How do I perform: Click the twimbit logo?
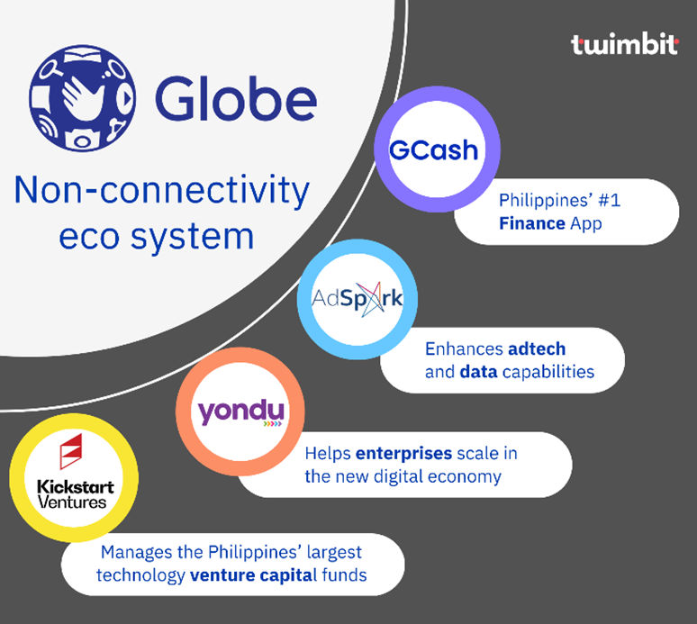click(x=625, y=44)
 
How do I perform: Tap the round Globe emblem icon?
click(x=82, y=98)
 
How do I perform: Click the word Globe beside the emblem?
click(x=236, y=98)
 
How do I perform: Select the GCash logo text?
click(x=433, y=149)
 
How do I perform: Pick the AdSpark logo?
click(x=358, y=299)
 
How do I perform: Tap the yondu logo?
click(x=240, y=412)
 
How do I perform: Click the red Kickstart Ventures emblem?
click(x=71, y=451)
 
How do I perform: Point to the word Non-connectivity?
click(x=162, y=191)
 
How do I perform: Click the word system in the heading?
click(x=192, y=238)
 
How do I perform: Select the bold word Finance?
click(x=531, y=223)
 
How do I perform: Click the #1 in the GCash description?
click(x=609, y=201)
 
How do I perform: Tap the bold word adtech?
click(x=537, y=348)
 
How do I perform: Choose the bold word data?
click(x=478, y=372)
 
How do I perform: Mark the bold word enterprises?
click(x=404, y=453)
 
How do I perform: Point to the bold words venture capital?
click(x=253, y=575)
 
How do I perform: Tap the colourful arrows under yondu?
click(x=273, y=424)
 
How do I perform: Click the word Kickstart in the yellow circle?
click(x=76, y=487)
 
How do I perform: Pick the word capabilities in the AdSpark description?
click(x=548, y=372)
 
